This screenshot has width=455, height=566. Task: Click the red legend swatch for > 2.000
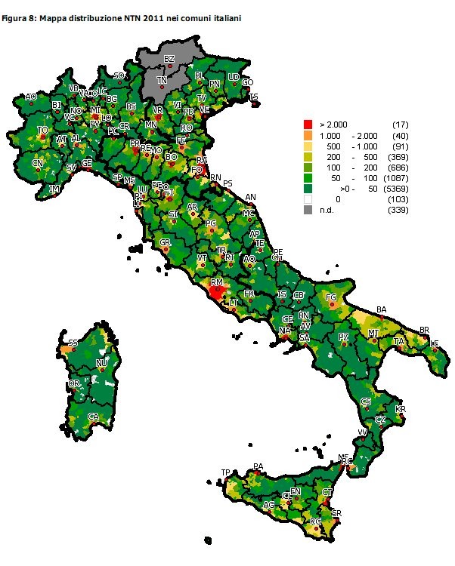tap(308, 124)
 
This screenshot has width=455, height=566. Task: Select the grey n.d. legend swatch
tap(308, 210)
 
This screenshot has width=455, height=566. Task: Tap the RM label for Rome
tap(217, 282)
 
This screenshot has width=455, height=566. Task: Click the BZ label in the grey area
tap(169, 59)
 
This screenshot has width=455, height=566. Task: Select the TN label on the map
tap(162, 79)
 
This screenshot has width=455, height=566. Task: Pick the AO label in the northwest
tap(31, 97)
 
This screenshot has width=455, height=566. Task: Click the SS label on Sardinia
tap(73, 343)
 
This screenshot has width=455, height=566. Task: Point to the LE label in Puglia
tap(434, 343)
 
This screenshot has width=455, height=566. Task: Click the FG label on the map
tap(330, 298)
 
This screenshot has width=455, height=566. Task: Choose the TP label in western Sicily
tap(225, 472)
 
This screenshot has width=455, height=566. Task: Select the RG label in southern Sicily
tap(316, 521)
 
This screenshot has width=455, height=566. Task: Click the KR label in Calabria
tap(401, 409)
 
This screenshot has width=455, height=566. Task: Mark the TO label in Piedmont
tap(43, 130)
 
